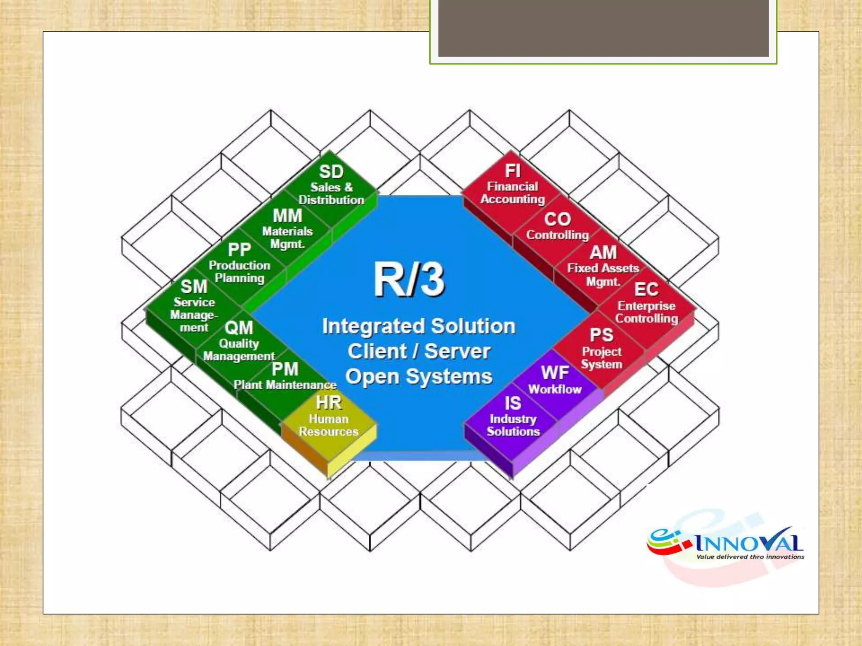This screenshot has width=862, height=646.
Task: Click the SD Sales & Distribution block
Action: tap(331, 185)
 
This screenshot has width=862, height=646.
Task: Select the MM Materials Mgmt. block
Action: tap(287, 229)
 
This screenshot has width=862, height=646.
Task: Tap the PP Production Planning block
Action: tap(239, 264)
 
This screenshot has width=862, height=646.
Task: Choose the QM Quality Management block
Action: tap(239, 341)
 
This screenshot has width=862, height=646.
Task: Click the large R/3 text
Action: tap(409, 280)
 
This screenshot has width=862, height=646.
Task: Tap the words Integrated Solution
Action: tap(419, 326)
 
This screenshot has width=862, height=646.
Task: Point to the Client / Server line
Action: tap(419, 352)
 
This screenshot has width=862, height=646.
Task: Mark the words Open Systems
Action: tap(419, 377)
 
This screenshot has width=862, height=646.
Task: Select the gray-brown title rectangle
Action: tap(603, 28)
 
